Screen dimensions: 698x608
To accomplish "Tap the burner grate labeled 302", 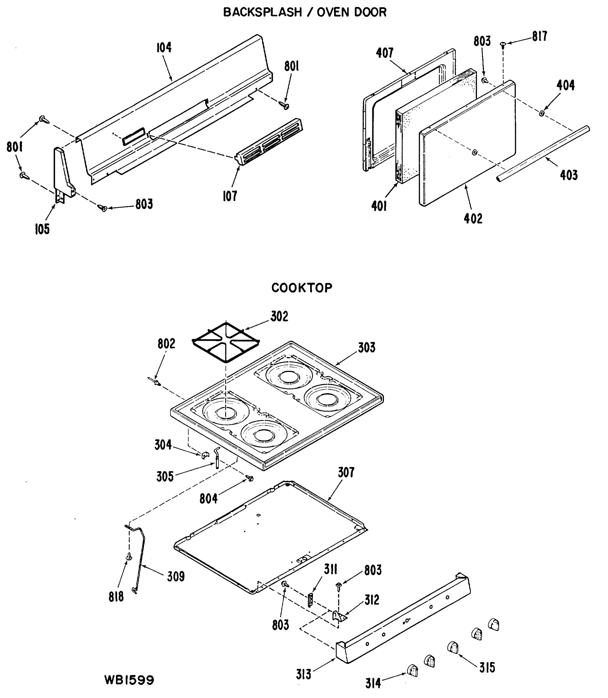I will click(226, 341).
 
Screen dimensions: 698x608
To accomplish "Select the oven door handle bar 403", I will click(543, 154).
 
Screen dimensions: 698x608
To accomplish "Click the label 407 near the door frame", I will click(385, 53).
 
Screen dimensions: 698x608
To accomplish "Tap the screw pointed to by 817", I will click(503, 44).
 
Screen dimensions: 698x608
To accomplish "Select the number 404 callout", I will click(565, 86).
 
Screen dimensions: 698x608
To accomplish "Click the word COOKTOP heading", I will click(302, 288).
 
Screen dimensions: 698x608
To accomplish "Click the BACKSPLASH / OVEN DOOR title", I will click(304, 12).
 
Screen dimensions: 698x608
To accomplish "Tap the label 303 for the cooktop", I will click(366, 348).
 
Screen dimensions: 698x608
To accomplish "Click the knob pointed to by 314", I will click(412, 670).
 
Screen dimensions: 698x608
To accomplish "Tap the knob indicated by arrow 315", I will click(453, 647).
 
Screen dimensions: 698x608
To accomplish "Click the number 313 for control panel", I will click(303, 674).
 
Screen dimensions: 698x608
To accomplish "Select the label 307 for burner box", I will click(346, 473).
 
